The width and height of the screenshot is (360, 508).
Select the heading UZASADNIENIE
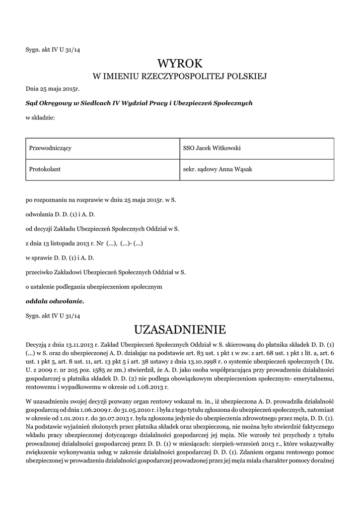180,329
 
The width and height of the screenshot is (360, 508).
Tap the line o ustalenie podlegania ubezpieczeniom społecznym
94,287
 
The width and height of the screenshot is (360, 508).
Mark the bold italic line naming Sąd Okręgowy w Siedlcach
139,103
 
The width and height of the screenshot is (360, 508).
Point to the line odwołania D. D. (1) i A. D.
60,214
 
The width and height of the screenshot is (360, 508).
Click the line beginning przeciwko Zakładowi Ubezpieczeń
105,272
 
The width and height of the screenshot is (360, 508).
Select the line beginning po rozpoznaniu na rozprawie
101,200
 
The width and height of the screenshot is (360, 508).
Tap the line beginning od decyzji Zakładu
102,229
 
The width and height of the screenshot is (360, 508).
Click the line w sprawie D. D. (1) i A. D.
60,257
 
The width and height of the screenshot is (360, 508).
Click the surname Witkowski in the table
226,148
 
